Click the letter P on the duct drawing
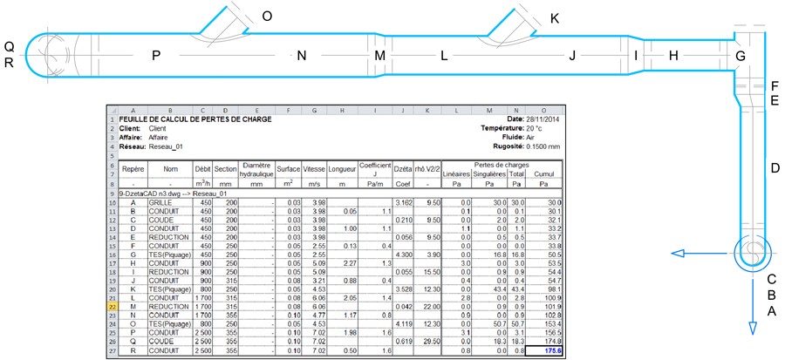pos(155,56)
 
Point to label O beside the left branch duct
pos(267,16)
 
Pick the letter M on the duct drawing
pos(379,56)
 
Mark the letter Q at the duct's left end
pos(9,46)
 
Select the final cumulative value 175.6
pos(545,350)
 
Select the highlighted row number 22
pos(113,307)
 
